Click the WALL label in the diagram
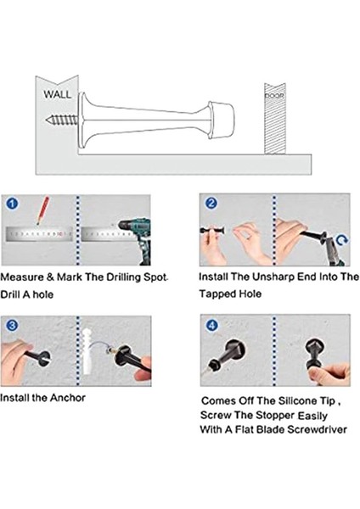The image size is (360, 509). (57, 94)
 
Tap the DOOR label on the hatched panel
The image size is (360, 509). (274, 96)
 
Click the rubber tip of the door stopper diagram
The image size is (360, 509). (222, 120)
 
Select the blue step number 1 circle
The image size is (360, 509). (12, 204)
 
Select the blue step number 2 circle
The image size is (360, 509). (211, 203)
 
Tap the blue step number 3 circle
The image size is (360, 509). (12, 325)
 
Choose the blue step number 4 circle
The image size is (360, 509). (212, 325)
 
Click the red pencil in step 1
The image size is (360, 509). (42, 210)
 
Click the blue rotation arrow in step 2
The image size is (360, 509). (342, 240)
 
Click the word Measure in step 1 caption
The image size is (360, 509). (22, 277)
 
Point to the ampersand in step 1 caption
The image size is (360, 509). (50, 277)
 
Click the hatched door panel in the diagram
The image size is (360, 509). (275, 119)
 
